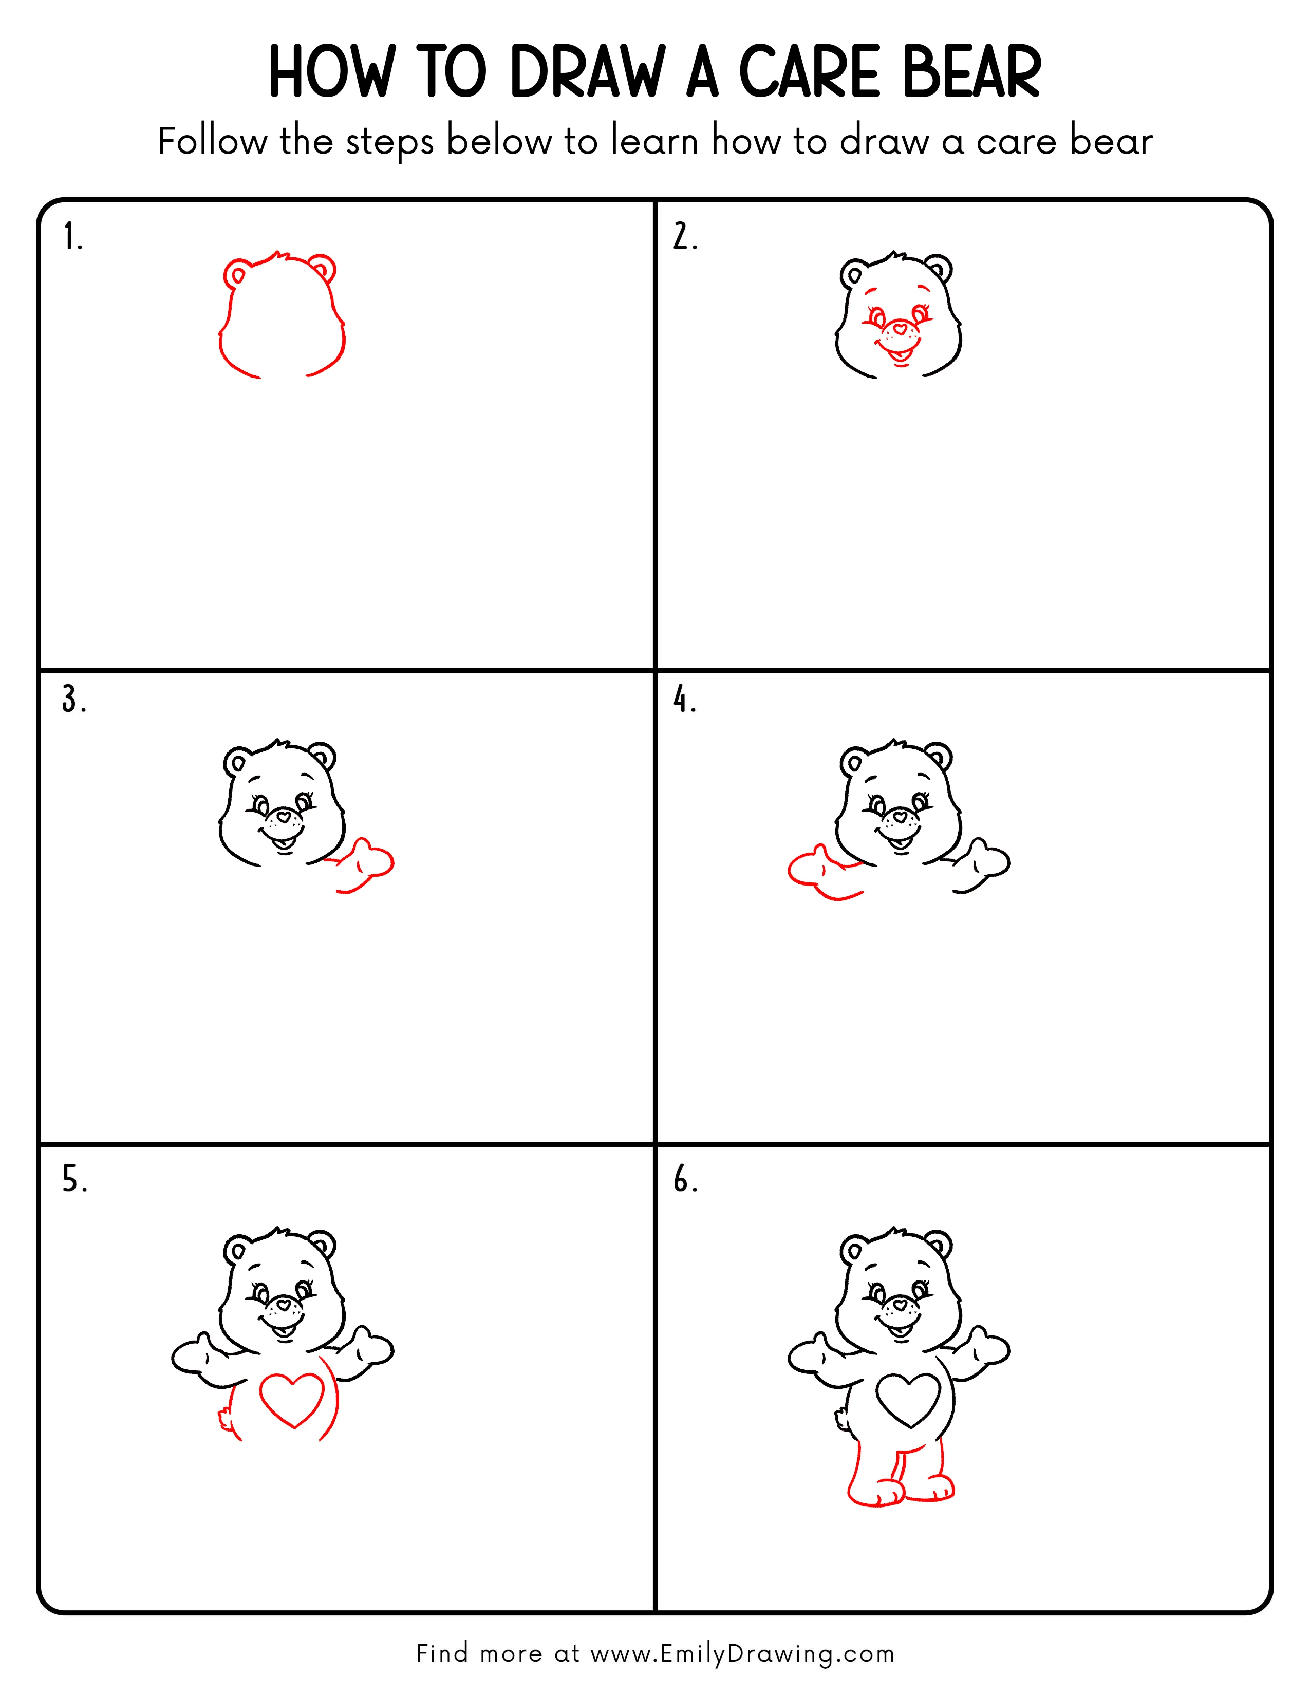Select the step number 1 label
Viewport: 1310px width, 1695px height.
point(72,237)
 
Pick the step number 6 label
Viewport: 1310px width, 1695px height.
point(684,1180)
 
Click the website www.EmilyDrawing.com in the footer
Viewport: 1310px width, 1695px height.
point(742,1653)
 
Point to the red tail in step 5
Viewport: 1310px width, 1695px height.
point(225,1417)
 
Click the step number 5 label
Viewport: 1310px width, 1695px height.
point(74,1180)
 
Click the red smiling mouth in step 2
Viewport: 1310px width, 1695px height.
point(900,355)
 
